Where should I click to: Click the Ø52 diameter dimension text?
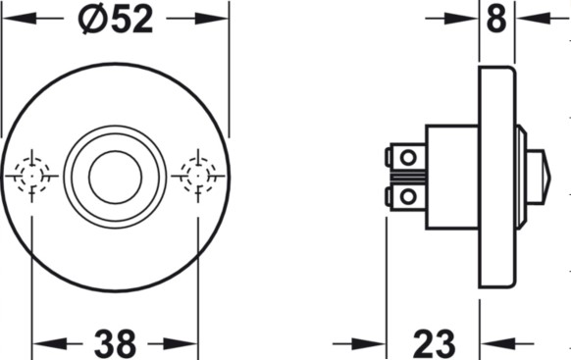pyautogui.click(x=115, y=20)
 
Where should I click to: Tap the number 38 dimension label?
pyautogui.click(x=115, y=343)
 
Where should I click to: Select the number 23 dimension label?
pyautogui.click(x=434, y=343)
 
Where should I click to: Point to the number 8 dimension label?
pyautogui.click(x=496, y=19)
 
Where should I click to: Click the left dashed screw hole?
pyautogui.click(x=32, y=176)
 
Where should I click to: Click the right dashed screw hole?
pyautogui.click(x=198, y=176)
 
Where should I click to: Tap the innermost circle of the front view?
pyautogui.click(x=115, y=178)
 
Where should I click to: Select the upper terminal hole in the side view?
pyautogui.click(x=408, y=158)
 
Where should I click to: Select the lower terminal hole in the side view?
pyautogui.click(x=408, y=197)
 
